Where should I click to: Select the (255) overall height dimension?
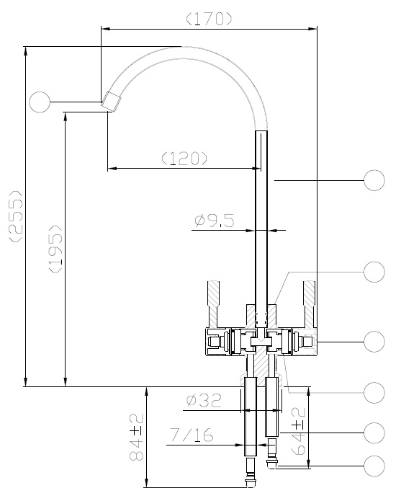click(14, 216)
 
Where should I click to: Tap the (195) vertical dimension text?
click(55, 249)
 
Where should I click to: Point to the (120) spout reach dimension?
click(184, 158)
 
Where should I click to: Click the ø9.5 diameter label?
click(214, 221)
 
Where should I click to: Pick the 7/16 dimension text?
click(191, 435)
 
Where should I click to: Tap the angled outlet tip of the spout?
click(110, 100)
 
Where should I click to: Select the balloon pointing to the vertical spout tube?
click(374, 180)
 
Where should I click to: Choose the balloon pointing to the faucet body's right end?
click(374, 340)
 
